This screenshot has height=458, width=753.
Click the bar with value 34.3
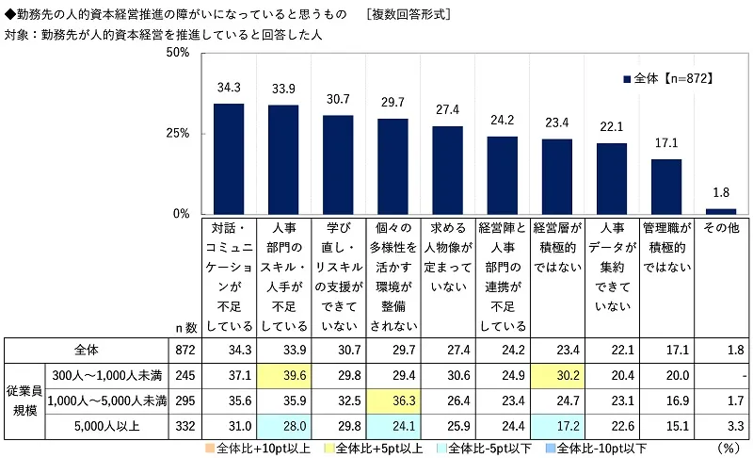229,158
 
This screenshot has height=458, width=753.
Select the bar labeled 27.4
447,170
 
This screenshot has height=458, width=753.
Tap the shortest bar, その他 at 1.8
720,211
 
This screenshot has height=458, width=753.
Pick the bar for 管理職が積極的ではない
665,187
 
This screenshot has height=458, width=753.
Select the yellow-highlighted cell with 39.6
283,375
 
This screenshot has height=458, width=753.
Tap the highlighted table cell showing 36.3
393,400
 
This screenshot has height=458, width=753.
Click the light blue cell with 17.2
556,424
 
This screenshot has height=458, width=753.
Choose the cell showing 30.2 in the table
556,375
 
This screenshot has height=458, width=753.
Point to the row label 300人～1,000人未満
105,375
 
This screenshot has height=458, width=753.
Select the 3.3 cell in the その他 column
720,424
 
